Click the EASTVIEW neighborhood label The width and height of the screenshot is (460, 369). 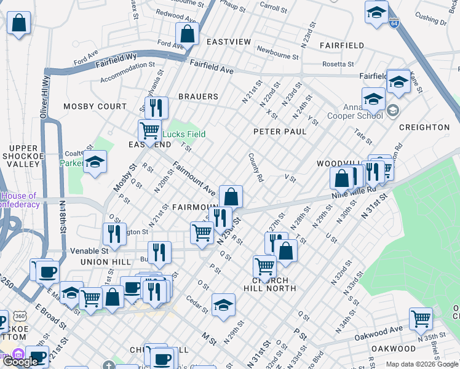[x=229, y=42]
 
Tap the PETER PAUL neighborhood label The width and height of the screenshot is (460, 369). [x=280, y=132]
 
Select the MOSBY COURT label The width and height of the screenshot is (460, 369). [x=95, y=106]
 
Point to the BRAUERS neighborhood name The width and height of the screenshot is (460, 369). [x=198, y=97]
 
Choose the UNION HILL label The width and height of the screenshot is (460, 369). [x=105, y=262]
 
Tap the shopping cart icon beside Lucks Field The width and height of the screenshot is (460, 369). [x=149, y=130]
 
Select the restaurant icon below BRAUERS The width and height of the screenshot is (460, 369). [x=156, y=108]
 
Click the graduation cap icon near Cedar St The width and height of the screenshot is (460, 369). [x=223, y=304]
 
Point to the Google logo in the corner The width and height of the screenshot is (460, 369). [x=20, y=362]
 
